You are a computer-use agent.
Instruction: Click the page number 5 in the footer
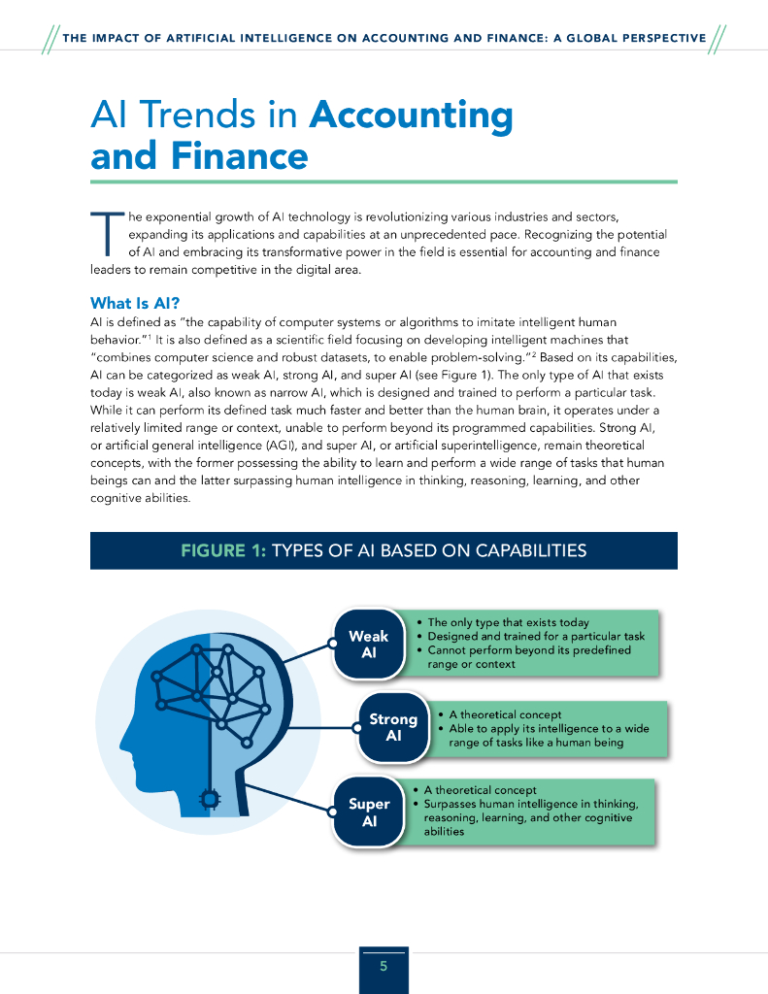[x=384, y=966]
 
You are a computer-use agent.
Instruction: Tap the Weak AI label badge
[x=368, y=645]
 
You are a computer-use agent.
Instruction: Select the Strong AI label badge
[x=393, y=727]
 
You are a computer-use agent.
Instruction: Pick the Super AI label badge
[x=369, y=812]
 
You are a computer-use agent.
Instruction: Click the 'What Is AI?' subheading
[x=135, y=303]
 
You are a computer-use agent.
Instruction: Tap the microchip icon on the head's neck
[x=208, y=799]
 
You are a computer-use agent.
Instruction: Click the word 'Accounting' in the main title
[x=411, y=116]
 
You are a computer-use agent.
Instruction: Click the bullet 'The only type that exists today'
[x=508, y=623]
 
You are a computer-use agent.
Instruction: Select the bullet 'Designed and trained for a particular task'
[x=536, y=637]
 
